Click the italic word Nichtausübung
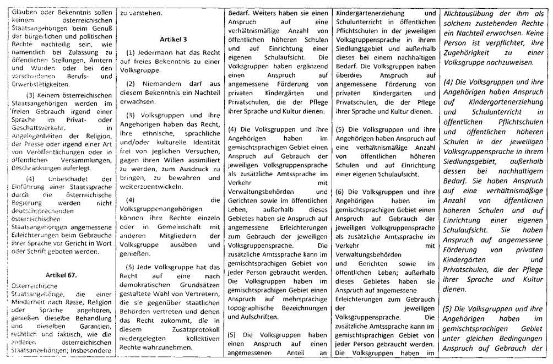click(x=474, y=12)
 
